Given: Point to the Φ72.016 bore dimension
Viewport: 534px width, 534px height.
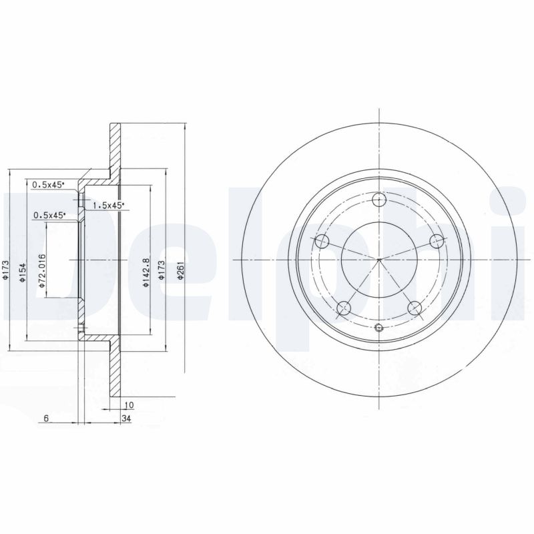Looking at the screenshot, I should tap(41, 272).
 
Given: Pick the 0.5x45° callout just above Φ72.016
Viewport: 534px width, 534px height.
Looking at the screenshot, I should tap(49, 215).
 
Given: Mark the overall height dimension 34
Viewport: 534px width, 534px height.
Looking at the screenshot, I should tap(125, 419).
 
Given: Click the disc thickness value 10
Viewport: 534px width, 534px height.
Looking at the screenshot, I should tap(129, 405).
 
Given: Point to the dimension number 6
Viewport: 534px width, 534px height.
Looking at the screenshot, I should tap(45, 419).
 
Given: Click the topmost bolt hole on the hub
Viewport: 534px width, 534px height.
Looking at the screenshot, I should tap(379, 199).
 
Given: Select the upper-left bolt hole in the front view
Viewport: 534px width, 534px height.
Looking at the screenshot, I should tap(322, 241).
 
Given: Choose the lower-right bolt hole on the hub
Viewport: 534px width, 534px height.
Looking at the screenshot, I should tap(415, 308).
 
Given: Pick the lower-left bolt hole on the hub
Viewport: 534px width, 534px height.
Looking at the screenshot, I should tap(344, 308).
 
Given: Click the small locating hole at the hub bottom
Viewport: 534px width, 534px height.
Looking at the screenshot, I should tap(379, 327).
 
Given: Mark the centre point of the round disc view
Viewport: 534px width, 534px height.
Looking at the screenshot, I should tap(379, 259).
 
